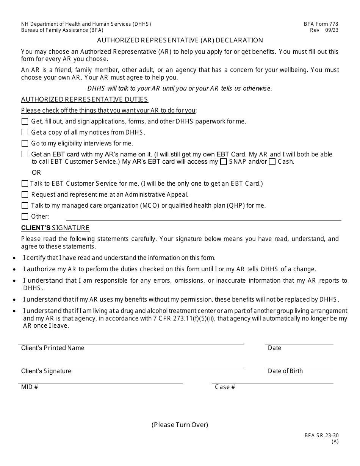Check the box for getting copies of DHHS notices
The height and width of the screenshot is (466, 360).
25,132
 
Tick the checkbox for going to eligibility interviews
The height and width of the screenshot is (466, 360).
25,143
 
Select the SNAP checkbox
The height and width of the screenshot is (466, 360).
224,162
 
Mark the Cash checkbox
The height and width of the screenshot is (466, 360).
272,162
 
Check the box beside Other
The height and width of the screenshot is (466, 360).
25,217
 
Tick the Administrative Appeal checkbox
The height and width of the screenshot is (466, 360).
25,194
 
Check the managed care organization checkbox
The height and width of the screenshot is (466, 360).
25,205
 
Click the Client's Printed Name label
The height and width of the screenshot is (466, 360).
53,348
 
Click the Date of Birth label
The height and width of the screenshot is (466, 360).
285,371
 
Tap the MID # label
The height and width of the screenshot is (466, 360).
30,387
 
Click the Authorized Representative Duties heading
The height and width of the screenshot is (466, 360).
85,99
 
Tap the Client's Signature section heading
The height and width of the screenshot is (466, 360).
55,228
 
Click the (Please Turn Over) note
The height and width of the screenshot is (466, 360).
180,425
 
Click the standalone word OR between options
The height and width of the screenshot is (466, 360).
36,172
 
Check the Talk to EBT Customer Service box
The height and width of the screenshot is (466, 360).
25,183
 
